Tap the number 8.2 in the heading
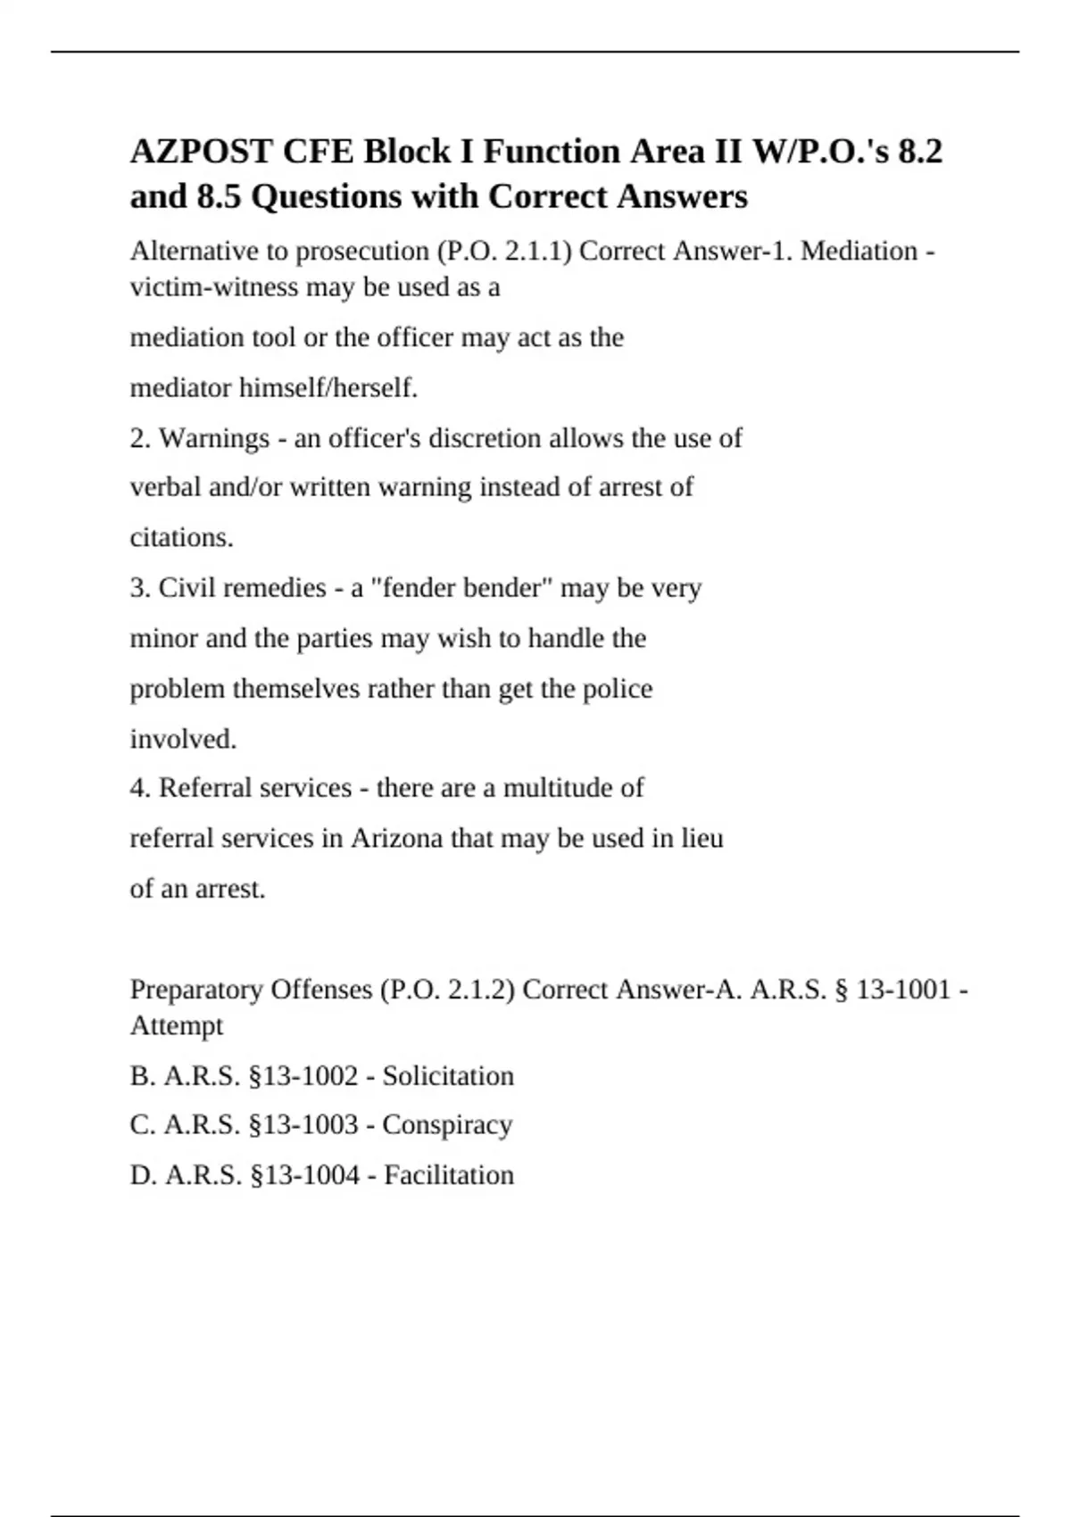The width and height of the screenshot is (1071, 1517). click(x=919, y=152)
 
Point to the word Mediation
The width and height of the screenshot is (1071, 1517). click(x=859, y=252)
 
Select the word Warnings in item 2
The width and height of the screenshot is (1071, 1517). click(x=214, y=438)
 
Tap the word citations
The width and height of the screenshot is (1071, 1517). click(x=182, y=538)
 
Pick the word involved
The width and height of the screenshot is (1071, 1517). click(x=184, y=739)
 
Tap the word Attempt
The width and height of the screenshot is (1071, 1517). click(x=177, y=1025)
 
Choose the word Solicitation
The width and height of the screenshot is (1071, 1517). click(x=448, y=1076)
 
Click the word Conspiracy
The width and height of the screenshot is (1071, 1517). click(x=447, y=1124)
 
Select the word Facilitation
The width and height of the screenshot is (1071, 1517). click(x=449, y=1175)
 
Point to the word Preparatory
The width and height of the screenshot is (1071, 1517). click(x=195, y=990)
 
